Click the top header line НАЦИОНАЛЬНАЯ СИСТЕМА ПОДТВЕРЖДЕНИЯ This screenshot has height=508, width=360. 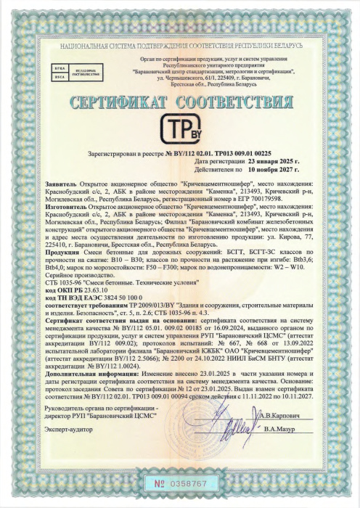tap(180, 46)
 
